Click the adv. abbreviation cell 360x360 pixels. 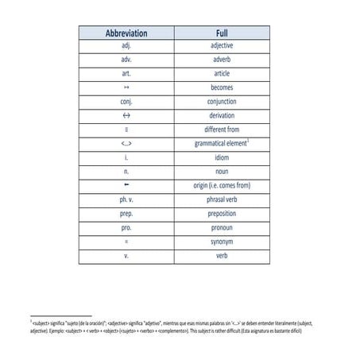[x=126, y=60]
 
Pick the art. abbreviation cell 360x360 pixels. [x=126, y=73]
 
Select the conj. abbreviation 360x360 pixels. [x=126, y=102]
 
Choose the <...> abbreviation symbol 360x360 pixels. [x=126, y=144]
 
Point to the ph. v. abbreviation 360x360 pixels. [x=126, y=199]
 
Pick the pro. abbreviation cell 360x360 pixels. [x=126, y=227]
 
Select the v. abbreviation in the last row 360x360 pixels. [x=126, y=256]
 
